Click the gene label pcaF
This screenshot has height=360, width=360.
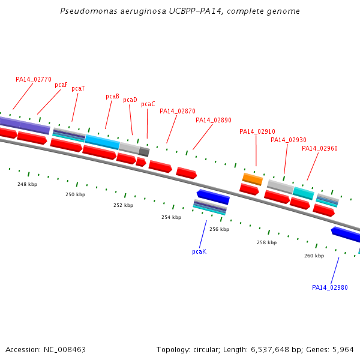(61, 85)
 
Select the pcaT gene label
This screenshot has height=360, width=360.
(78, 89)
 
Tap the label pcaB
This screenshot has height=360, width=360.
(112, 97)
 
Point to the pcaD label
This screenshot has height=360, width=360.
(130, 100)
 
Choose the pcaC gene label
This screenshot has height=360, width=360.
(148, 104)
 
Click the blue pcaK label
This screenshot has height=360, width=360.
(199, 252)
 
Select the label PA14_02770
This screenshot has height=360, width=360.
(34, 79)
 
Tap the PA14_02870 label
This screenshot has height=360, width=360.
(178, 112)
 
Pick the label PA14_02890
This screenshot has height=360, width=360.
(214, 121)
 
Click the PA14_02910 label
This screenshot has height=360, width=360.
(257, 132)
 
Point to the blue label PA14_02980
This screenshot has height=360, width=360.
(330, 288)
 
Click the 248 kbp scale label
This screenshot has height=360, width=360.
(27, 185)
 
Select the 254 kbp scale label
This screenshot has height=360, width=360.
(171, 218)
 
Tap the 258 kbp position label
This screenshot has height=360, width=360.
(266, 243)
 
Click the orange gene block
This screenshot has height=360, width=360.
(253, 179)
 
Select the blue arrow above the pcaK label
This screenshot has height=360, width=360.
(213, 196)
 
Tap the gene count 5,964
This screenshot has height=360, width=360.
(344, 349)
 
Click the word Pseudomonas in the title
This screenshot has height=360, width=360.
(85, 11)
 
